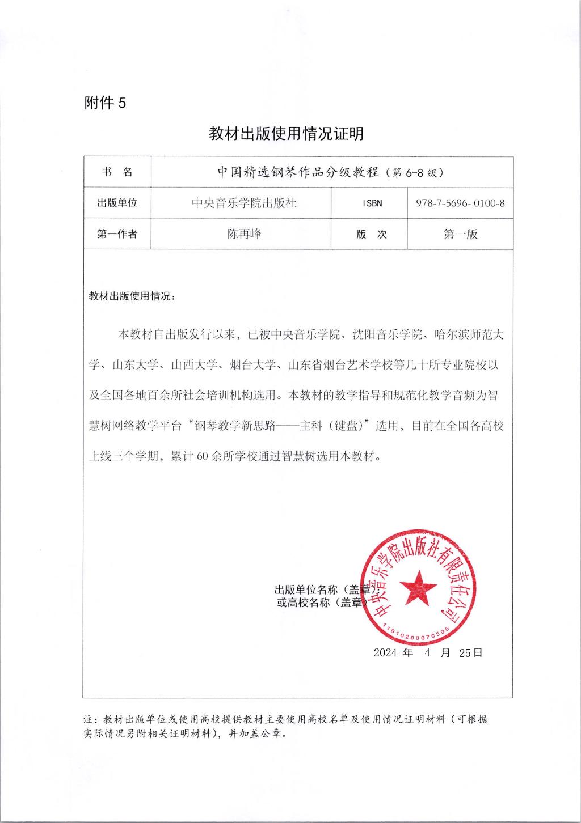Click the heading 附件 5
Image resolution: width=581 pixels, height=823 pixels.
104,103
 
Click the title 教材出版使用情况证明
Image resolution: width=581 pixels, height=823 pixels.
286,134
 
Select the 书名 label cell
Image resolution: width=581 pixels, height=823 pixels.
117,172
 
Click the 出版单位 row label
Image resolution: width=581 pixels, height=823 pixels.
117,203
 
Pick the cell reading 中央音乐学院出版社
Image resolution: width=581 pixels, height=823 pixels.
244,203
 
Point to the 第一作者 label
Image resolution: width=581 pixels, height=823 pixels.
117,234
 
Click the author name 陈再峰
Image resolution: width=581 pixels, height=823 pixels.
244,234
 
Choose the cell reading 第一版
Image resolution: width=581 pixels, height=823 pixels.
460,234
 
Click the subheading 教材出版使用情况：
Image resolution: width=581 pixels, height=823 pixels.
133,296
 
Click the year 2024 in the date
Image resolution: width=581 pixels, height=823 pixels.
385,652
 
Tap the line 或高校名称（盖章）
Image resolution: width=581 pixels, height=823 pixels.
320,603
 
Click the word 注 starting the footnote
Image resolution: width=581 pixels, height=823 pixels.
88,719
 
